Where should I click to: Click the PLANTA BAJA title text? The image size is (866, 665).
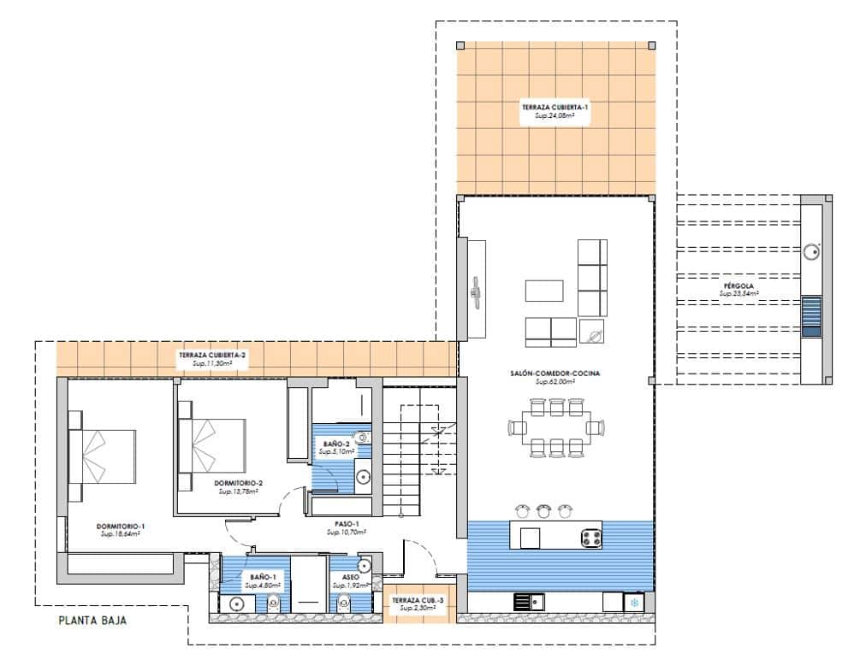click(x=92, y=621)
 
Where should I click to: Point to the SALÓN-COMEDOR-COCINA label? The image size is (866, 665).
click(x=555, y=374)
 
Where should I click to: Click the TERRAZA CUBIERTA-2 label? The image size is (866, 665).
click(x=212, y=355)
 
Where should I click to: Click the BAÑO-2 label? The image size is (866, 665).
click(x=336, y=444)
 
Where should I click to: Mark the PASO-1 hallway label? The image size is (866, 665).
click(x=347, y=523)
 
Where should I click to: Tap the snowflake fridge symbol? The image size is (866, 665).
click(x=634, y=603)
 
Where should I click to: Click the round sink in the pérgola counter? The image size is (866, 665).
click(x=811, y=251)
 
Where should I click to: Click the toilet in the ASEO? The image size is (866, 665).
click(x=344, y=603)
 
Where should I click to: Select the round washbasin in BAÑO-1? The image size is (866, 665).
click(x=237, y=603)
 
